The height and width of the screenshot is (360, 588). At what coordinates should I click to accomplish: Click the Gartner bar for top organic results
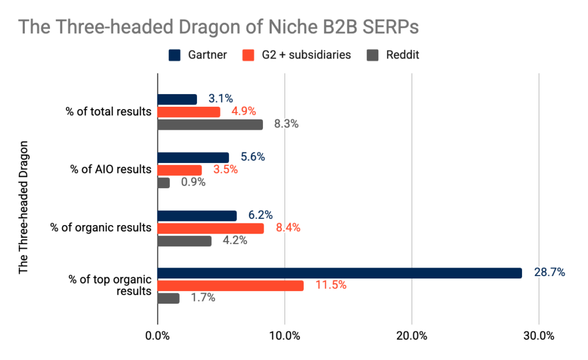[x=339, y=273]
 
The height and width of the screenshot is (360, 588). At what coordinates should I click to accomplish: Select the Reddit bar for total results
[x=210, y=125]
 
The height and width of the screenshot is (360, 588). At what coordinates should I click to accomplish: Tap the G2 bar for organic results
[x=210, y=229]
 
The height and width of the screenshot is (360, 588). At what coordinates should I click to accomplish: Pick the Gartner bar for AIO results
[x=193, y=157]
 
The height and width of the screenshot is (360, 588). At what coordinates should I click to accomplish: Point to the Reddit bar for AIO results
[x=164, y=183]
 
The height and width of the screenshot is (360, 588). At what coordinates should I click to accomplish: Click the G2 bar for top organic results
[x=230, y=286]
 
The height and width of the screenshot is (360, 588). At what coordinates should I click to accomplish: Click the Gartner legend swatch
[x=174, y=55]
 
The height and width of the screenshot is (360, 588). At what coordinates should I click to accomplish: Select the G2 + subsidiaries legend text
[x=303, y=55]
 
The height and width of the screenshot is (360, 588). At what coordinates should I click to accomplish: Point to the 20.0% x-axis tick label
[x=412, y=336]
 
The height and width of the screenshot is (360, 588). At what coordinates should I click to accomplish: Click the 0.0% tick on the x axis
[x=157, y=336]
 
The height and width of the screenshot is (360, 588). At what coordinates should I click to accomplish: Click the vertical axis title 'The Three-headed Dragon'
[x=23, y=213]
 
